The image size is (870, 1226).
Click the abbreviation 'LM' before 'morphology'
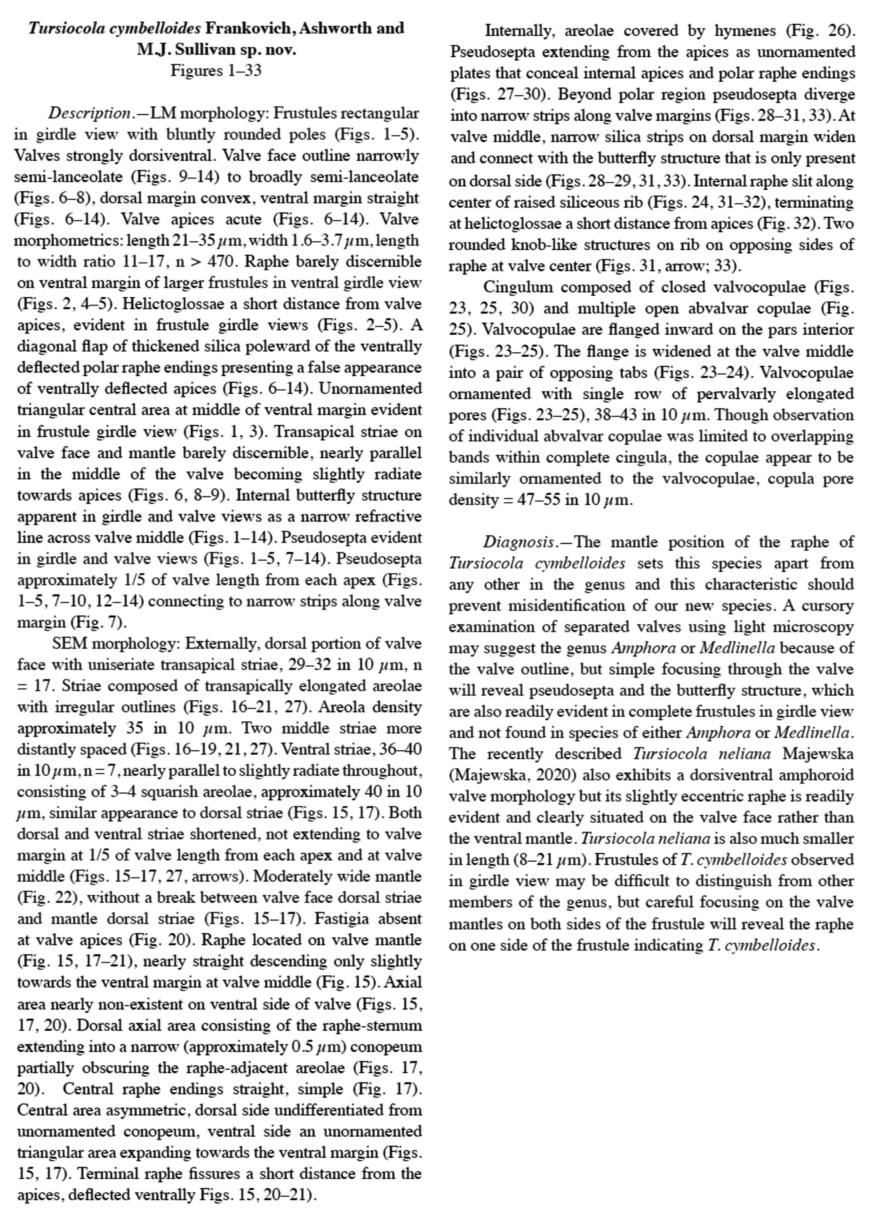[x=160, y=114]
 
